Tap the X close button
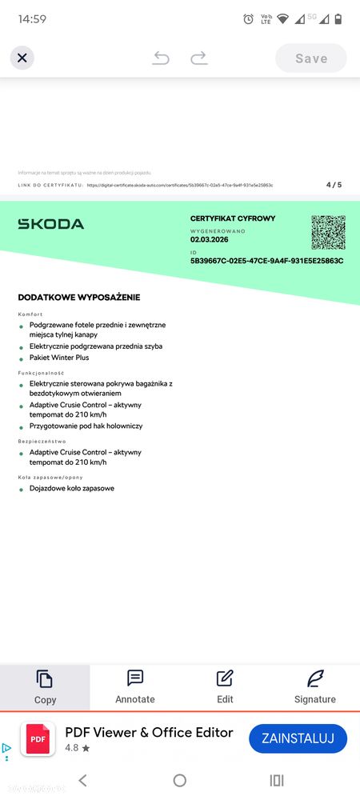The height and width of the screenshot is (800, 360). (22, 58)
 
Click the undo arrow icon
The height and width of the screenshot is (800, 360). (161, 58)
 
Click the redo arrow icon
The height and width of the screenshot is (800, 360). (199, 58)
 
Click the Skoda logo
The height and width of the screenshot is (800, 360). (50, 224)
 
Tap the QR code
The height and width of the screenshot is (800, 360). (328, 232)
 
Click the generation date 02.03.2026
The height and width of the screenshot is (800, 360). (209, 238)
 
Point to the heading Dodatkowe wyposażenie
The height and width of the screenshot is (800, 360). (79, 298)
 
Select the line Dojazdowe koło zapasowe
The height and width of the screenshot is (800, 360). (72, 488)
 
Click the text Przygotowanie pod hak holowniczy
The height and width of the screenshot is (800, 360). (86, 426)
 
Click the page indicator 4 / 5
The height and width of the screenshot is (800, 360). (334, 185)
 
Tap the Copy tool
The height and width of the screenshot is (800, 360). (45, 686)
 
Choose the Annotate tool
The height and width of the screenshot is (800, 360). (135, 686)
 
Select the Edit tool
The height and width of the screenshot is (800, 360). (225, 686)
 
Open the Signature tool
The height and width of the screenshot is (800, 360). (315, 686)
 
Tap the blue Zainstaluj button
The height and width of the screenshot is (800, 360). (298, 737)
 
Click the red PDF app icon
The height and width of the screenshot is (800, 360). (38, 738)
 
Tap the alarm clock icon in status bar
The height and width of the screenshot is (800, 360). (248, 18)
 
